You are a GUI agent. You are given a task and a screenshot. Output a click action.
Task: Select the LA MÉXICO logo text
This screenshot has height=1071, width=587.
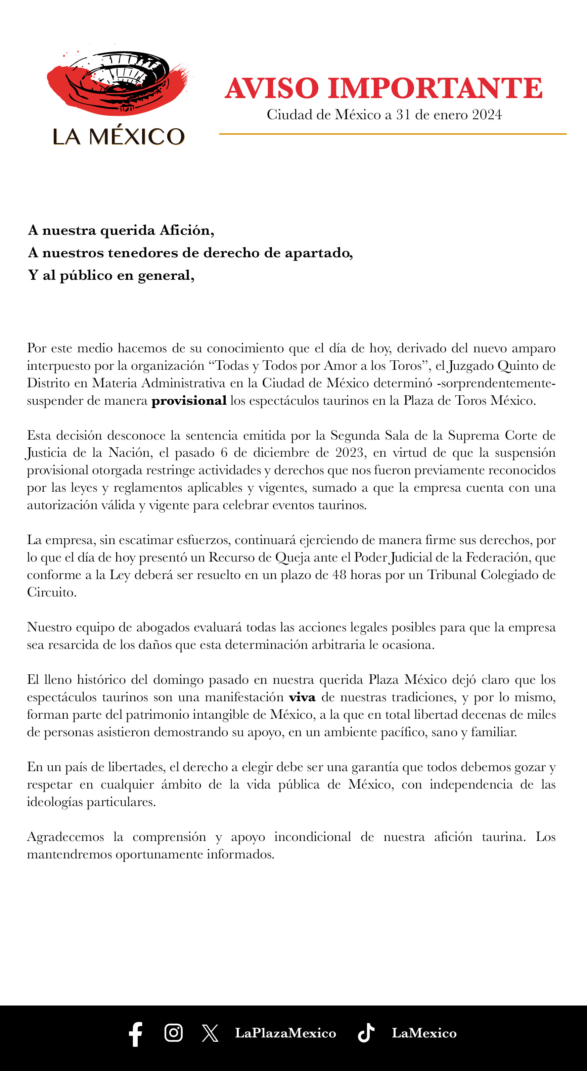(x=119, y=136)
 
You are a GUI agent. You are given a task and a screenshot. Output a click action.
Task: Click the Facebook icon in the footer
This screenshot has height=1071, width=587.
(x=136, y=1034)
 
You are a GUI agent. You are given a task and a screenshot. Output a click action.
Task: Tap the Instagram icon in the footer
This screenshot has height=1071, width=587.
(x=173, y=1033)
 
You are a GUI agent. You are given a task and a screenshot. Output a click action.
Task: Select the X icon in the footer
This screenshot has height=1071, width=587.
(x=210, y=1033)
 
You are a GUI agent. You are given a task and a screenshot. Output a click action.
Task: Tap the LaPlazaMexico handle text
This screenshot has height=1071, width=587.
(x=285, y=1033)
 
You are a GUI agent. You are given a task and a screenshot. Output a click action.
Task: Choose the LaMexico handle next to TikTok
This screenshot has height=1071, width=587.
(x=424, y=1033)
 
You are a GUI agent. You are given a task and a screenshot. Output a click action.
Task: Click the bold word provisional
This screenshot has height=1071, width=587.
(x=189, y=401)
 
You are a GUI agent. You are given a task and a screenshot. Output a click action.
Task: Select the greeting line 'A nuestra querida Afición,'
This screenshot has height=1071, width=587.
(x=121, y=230)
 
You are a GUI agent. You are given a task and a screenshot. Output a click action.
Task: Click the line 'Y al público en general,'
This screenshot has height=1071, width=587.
(x=111, y=275)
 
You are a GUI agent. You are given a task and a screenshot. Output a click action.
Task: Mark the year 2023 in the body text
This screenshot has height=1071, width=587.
(x=349, y=453)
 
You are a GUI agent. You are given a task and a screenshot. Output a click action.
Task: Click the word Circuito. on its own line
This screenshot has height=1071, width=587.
(x=52, y=592)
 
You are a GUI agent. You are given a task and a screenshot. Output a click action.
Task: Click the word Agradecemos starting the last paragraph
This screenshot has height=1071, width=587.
(x=65, y=837)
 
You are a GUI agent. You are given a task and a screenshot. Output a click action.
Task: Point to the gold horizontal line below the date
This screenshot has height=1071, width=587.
(x=393, y=134)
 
